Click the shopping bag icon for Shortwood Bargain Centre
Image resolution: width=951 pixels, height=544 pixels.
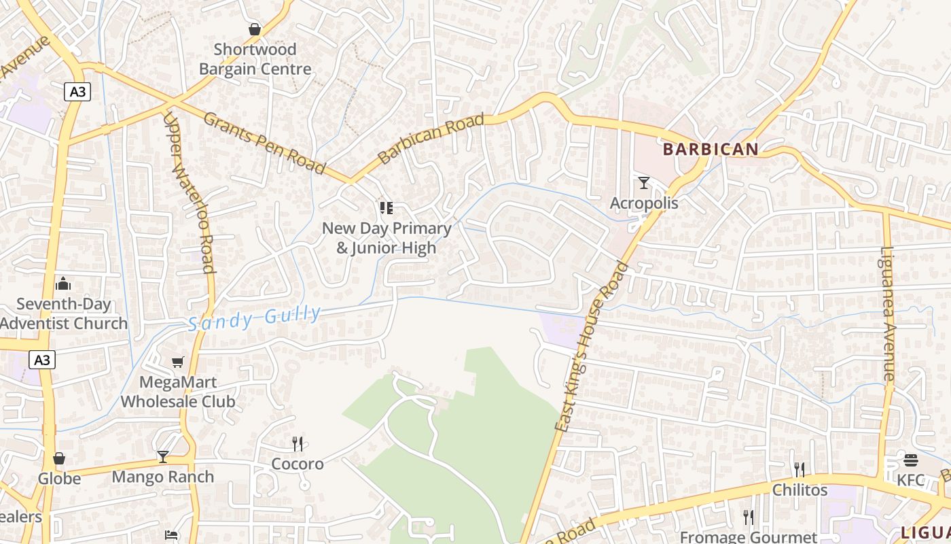pos(255,29)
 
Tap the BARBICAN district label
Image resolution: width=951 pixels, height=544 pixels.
pos(710,149)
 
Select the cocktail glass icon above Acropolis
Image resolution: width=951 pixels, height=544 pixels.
pos(643,182)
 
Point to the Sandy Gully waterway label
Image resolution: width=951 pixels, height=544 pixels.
pos(254,318)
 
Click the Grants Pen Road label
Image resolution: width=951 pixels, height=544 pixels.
pos(264,143)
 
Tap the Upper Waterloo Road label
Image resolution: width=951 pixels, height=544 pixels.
pos(189,192)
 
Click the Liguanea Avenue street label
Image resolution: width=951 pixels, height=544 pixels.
pos(889,313)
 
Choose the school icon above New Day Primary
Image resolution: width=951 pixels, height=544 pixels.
pos(386,208)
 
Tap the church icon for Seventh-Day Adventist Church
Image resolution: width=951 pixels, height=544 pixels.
pos(63,283)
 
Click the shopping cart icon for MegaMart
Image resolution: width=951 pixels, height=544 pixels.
pos(177,362)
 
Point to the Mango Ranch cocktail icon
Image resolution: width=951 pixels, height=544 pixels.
pos(163,456)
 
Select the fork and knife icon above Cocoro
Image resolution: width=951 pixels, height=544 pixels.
pos(297,444)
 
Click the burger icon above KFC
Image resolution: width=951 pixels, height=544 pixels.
pos(910,460)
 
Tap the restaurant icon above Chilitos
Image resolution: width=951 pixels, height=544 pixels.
pos(800,469)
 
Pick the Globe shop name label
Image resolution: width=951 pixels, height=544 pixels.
pos(59,479)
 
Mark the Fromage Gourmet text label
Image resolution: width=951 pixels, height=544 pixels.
pos(749,537)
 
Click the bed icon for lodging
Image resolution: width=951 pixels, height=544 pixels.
pos(171,535)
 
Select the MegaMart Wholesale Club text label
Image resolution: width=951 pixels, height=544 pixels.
pos(178,392)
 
